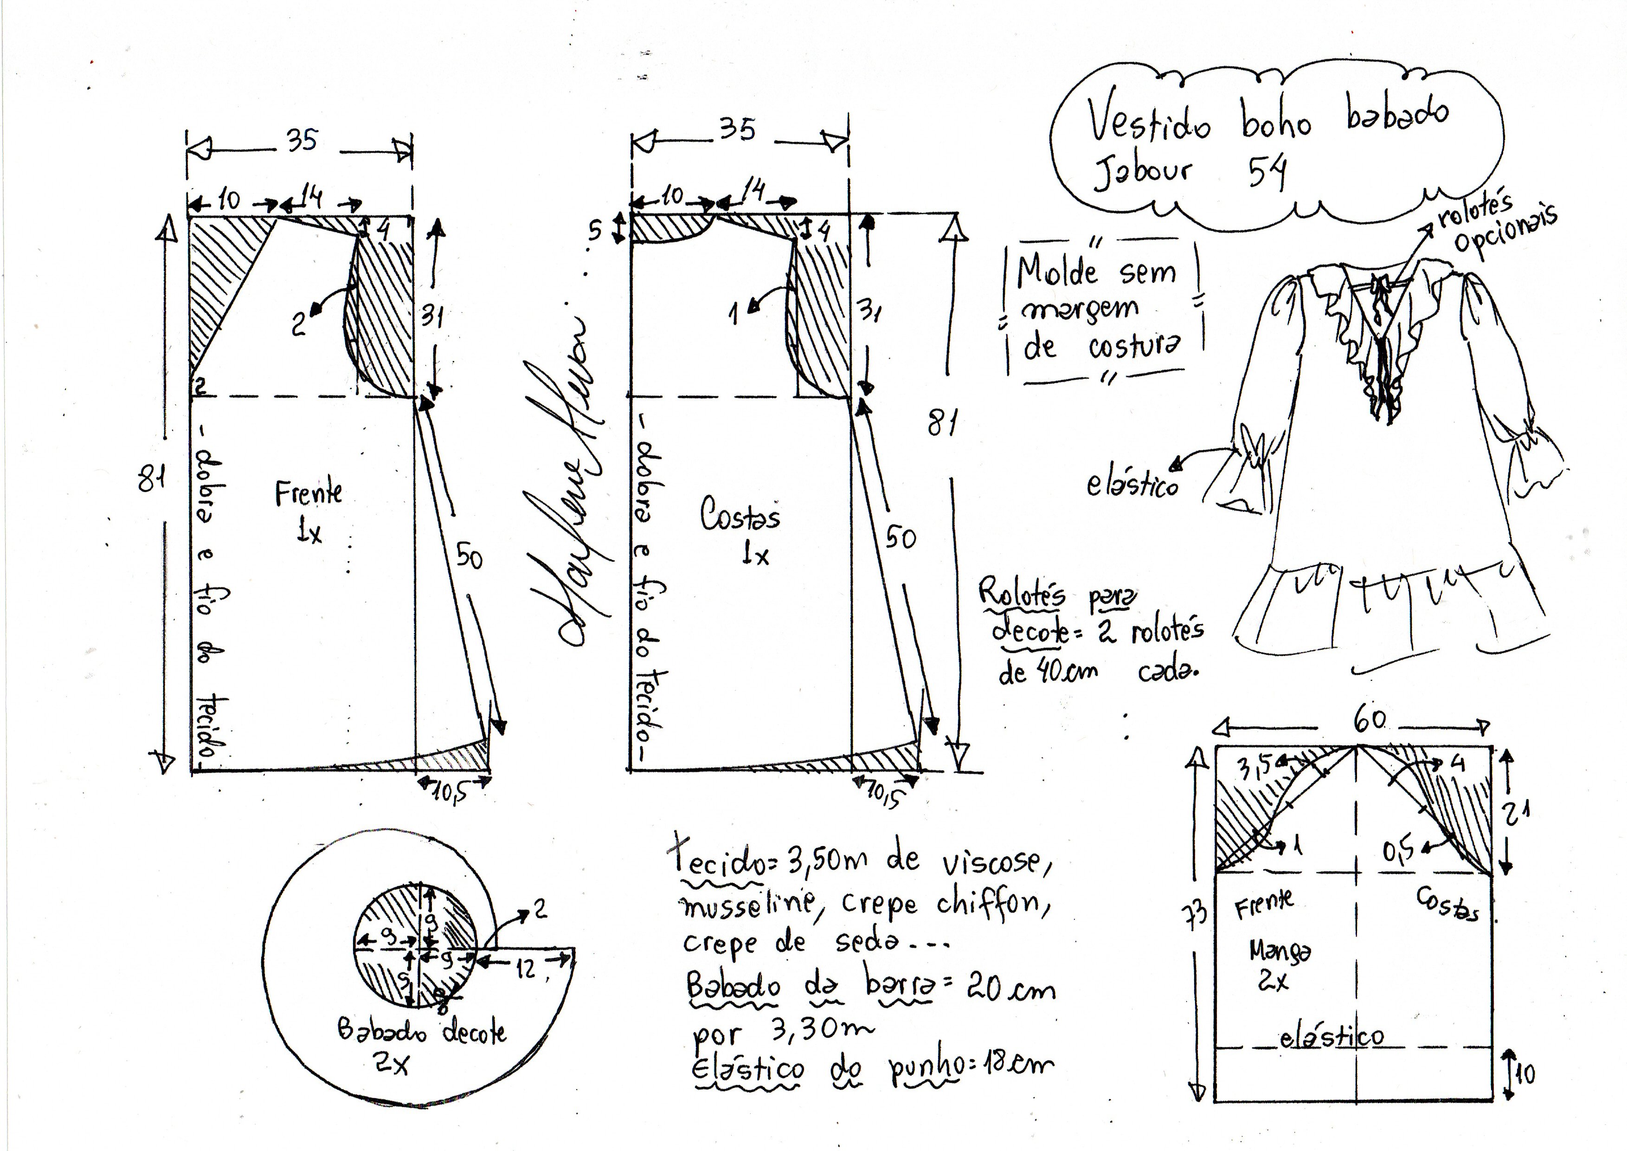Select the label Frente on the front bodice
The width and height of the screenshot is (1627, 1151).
point(308,493)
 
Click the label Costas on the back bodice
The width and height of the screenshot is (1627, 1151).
point(740,515)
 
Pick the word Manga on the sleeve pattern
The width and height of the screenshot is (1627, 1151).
point(1280,952)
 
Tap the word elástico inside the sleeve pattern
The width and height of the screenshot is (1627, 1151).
point(1331,1038)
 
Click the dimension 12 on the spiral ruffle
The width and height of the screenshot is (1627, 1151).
point(526,969)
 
